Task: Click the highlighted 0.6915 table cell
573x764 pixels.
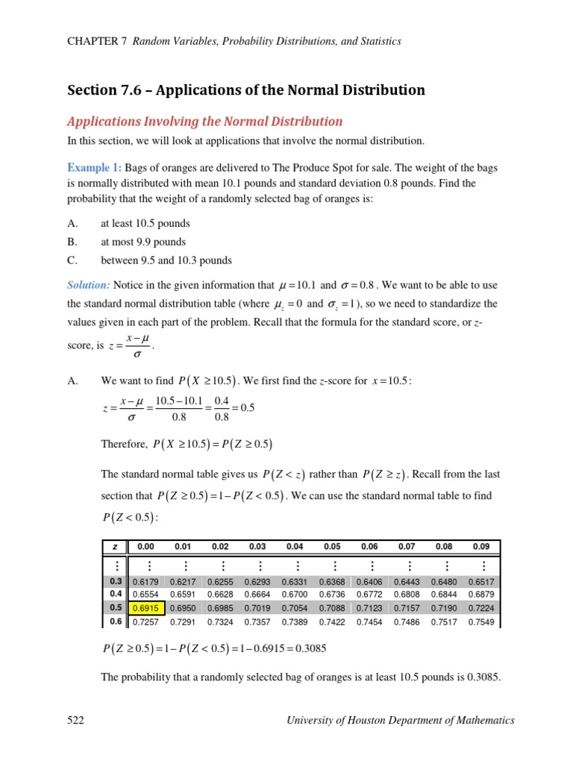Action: pyautogui.click(x=145, y=608)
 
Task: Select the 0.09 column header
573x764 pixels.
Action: pyautogui.click(x=481, y=546)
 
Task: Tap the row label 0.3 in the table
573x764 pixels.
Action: pyautogui.click(x=116, y=581)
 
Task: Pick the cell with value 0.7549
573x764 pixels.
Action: pyautogui.click(x=481, y=621)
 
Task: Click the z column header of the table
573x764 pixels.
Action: pyautogui.click(x=115, y=546)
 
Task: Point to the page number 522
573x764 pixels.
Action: pyautogui.click(x=75, y=720)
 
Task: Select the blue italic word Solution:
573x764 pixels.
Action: pyautogui.click(x=89, y=285)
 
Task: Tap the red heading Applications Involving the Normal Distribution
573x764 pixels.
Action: pyautogui.click(x=205, y=122)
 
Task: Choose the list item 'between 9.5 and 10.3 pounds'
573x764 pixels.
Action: pyautogui.click(x=166, y=260)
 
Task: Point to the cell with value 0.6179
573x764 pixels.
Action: pyautogui.click(x=145, y=581)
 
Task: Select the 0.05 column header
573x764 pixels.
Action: pyautogui.click(x=332, y=546)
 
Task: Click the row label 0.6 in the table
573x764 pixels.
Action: pyautogui.click(x=116, y=621)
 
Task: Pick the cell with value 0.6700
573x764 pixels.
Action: pyautogui.click(x=295, y=595)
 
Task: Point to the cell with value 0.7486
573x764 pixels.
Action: pyautogui.click(x=407, y=621)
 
